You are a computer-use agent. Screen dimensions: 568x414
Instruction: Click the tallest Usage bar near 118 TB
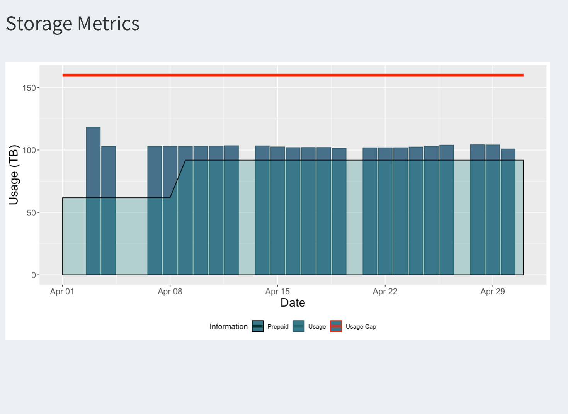tap(93, 201)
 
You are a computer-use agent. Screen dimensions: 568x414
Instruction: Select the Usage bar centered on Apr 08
tap(170, 210)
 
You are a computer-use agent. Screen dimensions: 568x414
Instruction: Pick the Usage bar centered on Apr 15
tap(278, 210)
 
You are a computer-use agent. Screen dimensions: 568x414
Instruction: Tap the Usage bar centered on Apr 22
tap(385, 211)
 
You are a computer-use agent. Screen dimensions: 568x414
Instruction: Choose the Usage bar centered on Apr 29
tap(493, 210)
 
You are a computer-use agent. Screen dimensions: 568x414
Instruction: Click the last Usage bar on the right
tap(508, 212)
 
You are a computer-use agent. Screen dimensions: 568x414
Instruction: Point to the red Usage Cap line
tap(293, 75)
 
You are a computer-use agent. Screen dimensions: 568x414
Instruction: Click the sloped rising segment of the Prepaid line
tap(178, 179)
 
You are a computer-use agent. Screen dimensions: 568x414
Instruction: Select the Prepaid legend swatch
tap(258, 326)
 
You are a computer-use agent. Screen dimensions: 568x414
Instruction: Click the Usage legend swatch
tap(298, 326)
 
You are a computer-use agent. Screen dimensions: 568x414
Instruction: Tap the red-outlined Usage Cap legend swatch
tap(336, 326)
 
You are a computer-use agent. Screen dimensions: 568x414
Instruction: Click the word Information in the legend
tap(228, 326)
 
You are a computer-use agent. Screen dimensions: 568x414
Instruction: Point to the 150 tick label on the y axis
tap(29, 88)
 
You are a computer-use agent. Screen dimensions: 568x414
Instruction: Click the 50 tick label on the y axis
tap(31, 212)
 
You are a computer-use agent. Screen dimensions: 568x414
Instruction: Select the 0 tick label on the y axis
tap(34, 275)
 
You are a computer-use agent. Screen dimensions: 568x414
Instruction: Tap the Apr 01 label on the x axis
tap(62, 291)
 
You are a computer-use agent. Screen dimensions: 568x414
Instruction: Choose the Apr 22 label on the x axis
tap(385, 291)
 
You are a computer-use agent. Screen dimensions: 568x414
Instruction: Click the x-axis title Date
tap(293, 302)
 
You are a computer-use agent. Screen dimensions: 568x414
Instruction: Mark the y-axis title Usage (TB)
tap(14, 175)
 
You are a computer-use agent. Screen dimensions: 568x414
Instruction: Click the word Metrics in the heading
tap(108, 23)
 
